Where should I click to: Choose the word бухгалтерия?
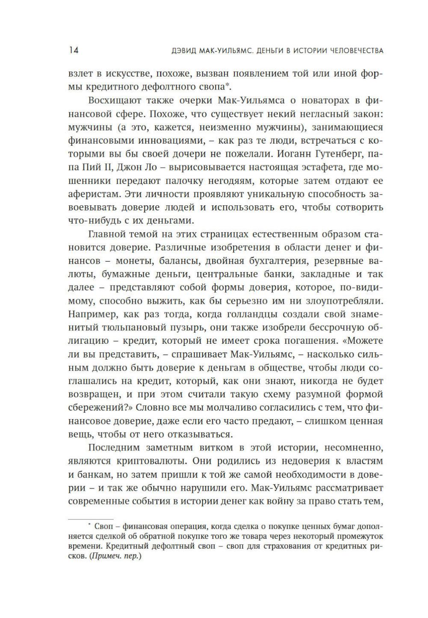click(x=276, y=261)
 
